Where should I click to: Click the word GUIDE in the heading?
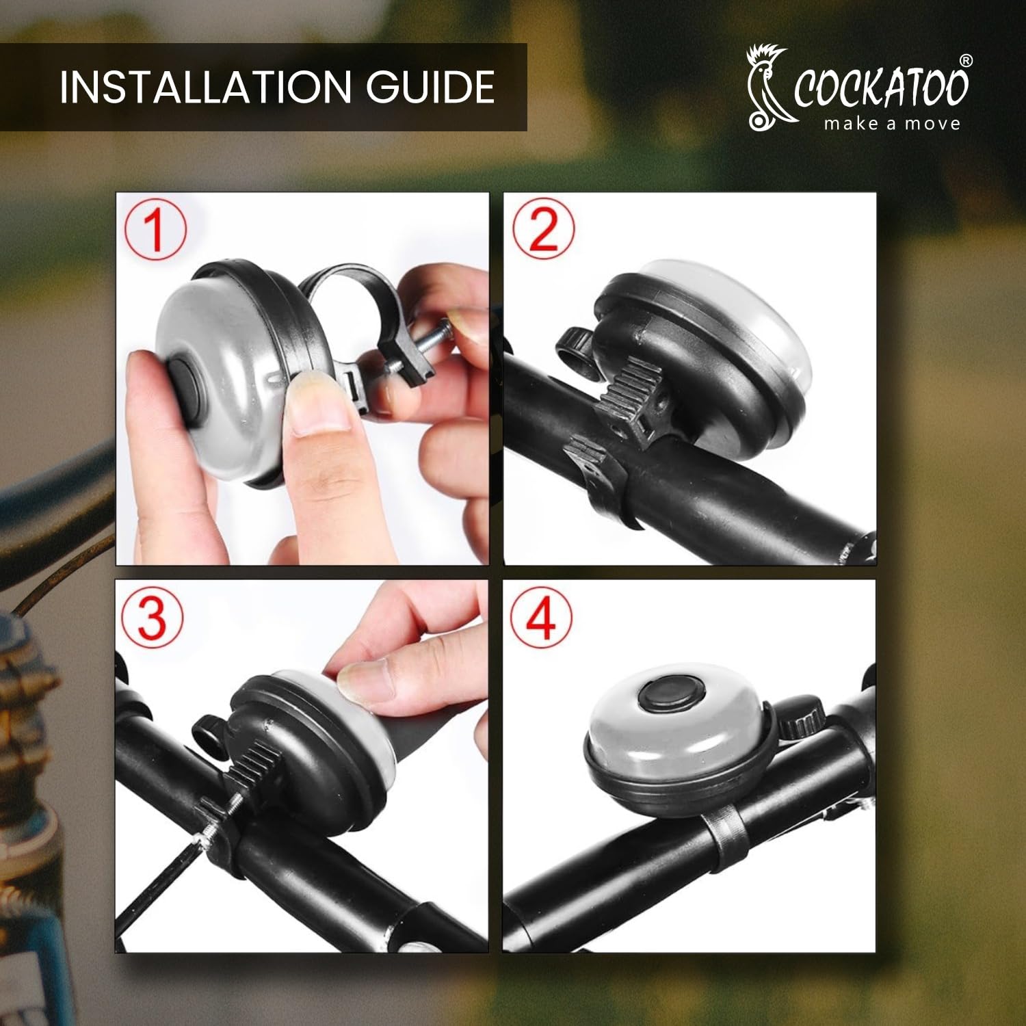430,87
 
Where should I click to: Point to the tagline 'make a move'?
892,124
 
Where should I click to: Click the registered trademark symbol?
965,60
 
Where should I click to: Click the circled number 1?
155,228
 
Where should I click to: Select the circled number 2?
543,228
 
